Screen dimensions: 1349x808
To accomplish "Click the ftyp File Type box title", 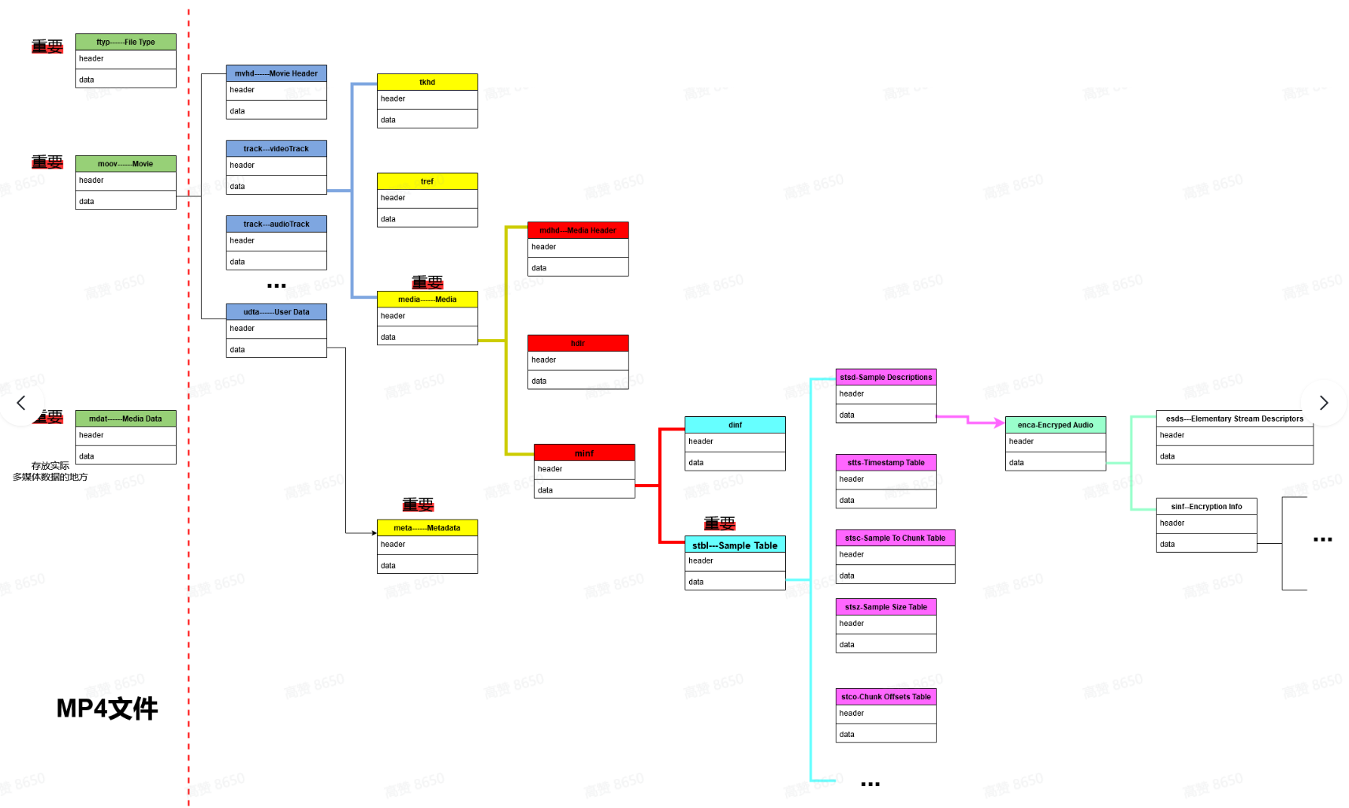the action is pos(125,42).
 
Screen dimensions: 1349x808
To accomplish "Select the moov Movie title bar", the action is pos(125,164).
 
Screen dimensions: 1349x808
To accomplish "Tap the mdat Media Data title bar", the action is pos(125,419).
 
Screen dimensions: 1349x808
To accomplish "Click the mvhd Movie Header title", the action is pos(276,73).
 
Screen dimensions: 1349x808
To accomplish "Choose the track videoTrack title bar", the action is pos(276,149).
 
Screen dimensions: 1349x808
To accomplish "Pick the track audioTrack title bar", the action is pos(276,224).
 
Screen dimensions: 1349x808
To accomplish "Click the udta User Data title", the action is pos(276,312).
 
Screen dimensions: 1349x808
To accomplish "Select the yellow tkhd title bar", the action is pos(427,82).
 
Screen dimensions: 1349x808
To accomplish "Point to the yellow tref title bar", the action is pos(427,181).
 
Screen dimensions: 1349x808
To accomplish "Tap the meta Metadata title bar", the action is pos(427,528).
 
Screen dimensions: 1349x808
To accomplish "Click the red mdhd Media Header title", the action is pos(577,230).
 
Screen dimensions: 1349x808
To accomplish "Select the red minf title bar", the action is pos(583,453).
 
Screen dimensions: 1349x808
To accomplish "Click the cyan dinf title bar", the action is pos(735,425).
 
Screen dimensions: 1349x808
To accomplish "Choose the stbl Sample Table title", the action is pos(735,545).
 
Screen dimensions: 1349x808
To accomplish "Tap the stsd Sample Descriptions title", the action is pos(885,378).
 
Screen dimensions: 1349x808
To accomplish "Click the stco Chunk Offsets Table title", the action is pos(885,697).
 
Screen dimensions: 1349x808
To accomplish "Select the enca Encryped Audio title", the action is pos(1055,425).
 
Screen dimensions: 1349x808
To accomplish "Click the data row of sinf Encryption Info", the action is pos(1206,544).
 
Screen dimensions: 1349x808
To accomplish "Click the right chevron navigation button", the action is pos(1324,403).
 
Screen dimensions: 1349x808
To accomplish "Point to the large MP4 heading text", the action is pos(107,709).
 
